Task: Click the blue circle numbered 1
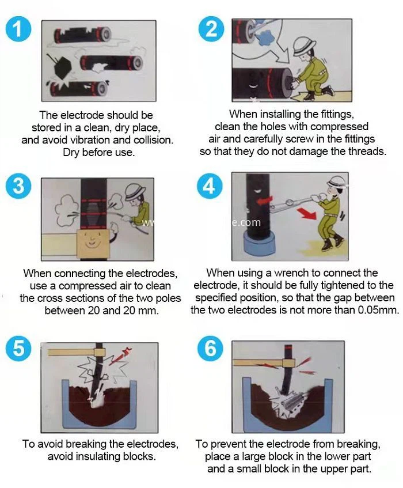(18, 29)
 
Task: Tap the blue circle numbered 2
(211, 29)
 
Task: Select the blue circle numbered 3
(18, 186)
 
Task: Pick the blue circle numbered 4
(210, 186)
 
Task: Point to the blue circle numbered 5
(18, 347)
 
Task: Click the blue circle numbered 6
(210, 347)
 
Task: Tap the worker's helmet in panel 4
(337, 181)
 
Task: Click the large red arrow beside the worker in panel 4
(306, 214)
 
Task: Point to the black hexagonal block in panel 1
(63, 67)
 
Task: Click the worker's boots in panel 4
(332, 243)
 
